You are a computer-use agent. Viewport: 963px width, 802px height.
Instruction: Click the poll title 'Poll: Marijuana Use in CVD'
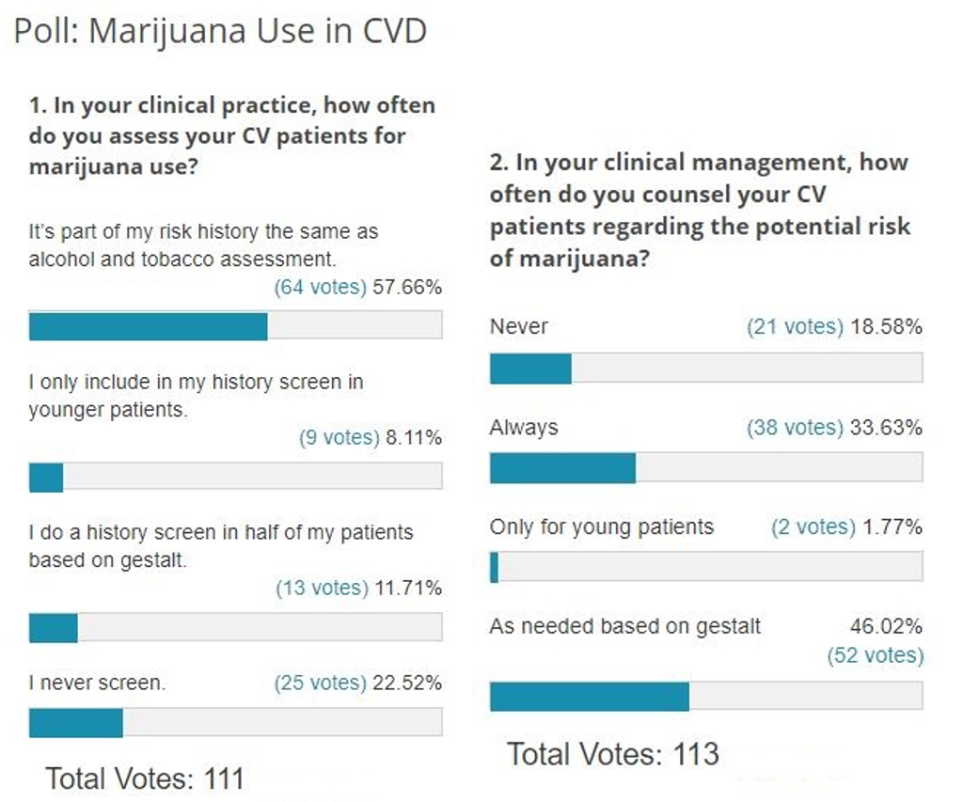[220, 31]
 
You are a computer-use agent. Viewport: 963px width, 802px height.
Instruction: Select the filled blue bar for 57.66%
[149, 325]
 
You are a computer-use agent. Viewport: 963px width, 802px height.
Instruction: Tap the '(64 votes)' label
[320, 288]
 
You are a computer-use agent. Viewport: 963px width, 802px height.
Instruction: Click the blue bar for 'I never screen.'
[76, 722]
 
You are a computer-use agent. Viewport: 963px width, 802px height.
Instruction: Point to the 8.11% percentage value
[414, 437]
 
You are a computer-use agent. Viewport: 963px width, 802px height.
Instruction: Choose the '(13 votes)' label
[322, 588]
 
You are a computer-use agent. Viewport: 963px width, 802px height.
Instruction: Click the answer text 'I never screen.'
[97, 684]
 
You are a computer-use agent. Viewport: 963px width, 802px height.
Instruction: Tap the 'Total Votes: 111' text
[145, 778]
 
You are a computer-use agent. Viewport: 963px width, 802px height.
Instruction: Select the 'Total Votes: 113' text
[613, 754]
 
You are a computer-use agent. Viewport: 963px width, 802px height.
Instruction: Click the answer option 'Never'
[519, 326]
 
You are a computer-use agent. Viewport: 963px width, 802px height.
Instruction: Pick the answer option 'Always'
[524, 428]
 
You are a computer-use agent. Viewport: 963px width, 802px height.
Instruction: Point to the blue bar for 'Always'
[562, 467]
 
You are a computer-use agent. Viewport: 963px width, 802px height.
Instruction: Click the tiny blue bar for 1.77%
[495, 567]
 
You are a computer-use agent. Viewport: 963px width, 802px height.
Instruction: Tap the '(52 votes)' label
[875, 655]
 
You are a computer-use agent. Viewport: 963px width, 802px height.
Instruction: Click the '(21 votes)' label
[795, 326]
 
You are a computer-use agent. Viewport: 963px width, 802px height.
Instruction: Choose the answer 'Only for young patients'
[602, 527]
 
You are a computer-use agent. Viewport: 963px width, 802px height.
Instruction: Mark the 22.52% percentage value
[407, 684]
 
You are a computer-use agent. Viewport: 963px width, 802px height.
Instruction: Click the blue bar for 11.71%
[54, 627]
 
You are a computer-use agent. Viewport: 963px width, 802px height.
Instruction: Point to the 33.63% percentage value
[886, 428]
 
